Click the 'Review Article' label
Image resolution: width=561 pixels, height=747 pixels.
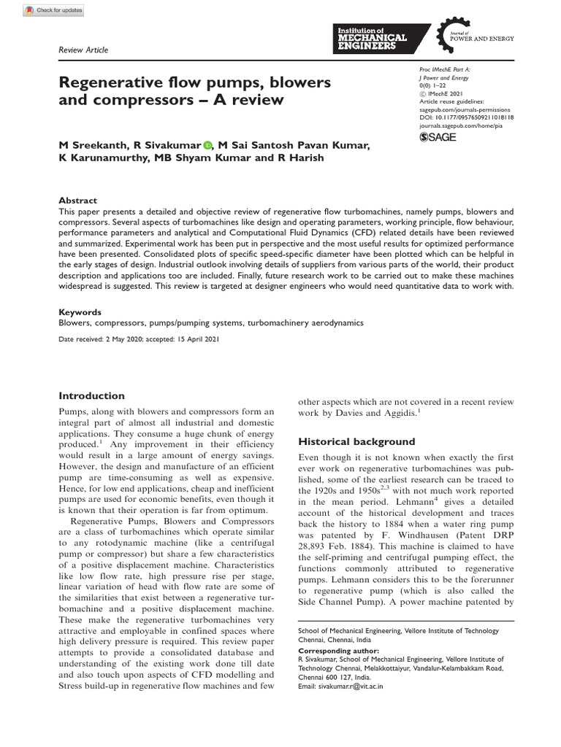click(x=83, y=50)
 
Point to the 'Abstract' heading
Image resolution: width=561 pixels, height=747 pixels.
click(x=77, y=201)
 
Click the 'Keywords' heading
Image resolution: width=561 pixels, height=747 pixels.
click(x=80, y=311)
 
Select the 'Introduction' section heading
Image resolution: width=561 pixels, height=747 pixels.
click(x=91, y=395)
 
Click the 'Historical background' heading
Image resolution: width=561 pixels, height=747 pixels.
click(x=356, y=441)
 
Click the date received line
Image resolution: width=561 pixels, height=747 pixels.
click(x=138, y=339)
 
